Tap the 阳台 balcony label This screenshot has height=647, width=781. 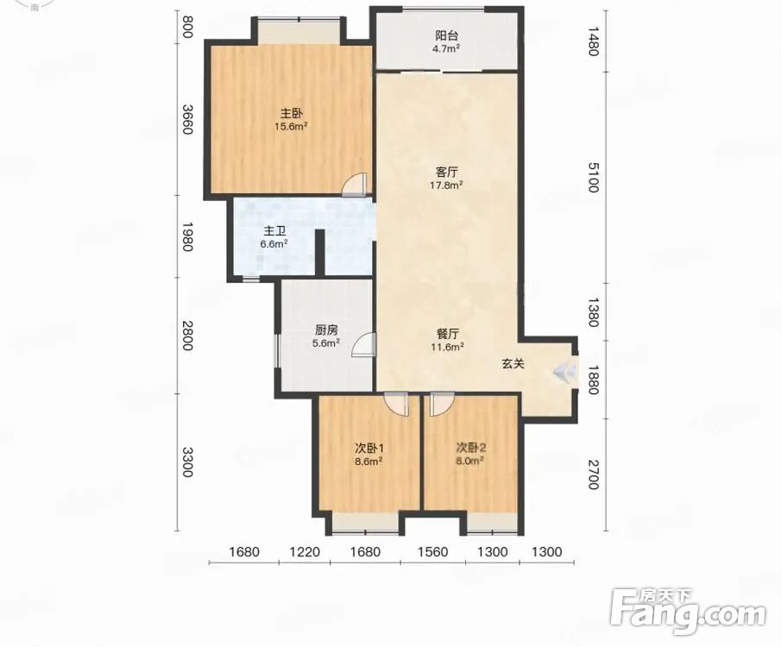447,36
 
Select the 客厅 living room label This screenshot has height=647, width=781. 447,173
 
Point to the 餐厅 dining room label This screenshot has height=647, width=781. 447,334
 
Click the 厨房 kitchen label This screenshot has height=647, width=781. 326,330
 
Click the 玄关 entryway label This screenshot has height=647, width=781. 513,364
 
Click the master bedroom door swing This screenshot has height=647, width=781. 354,185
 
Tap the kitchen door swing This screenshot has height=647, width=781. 363,345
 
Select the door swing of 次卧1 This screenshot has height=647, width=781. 396,404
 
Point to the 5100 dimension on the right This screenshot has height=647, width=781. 593,177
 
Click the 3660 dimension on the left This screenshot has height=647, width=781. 186,119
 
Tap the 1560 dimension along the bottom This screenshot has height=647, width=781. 432,552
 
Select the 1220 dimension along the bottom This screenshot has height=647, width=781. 305,552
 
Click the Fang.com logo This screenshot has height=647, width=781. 688,611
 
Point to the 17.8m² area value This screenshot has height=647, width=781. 447,185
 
